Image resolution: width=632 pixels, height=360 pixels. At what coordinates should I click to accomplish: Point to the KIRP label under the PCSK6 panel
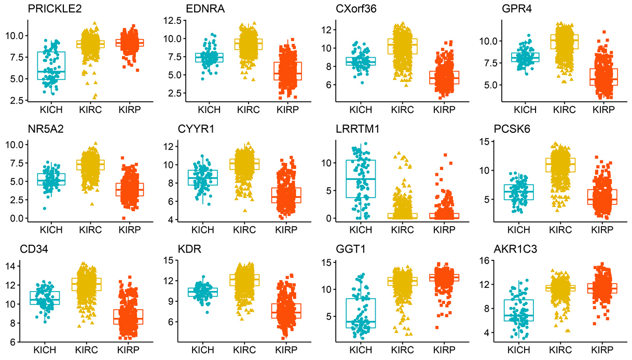coord(601,229)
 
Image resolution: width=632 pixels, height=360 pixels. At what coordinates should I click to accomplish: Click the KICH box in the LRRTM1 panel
coord(360,179)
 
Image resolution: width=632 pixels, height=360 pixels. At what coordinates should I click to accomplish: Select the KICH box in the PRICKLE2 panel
coord(52,65)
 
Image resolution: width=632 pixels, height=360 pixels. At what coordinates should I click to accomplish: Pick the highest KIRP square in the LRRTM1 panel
coord(445,155)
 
